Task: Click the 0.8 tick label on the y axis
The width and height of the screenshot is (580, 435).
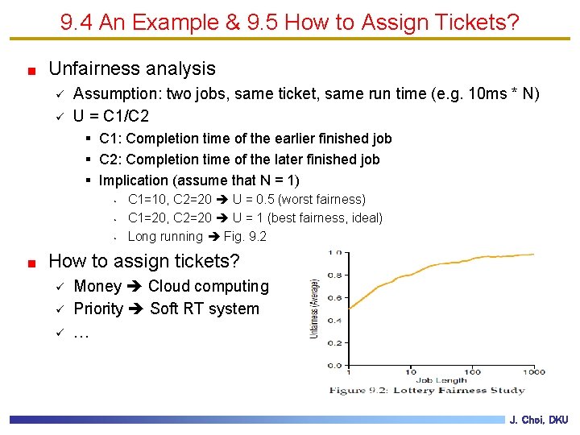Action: coord(333,275)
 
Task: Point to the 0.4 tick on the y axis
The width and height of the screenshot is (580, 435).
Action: coord(333,320)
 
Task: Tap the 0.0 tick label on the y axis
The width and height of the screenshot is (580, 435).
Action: coord(333,365)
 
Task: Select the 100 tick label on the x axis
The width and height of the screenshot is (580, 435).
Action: coord(472,372)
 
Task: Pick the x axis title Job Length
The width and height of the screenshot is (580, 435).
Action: coord(440,380)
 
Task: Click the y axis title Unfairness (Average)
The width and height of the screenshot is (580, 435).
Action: coord(314,309)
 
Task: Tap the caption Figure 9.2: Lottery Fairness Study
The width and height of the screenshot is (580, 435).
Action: coord(426,391)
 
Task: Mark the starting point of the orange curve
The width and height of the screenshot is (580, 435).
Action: coord(348,309)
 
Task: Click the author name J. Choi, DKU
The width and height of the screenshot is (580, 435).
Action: coord(539,420)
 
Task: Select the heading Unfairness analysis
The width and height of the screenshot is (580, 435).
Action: coord(132,69)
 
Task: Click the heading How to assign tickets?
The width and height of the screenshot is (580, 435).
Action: coord(144,261)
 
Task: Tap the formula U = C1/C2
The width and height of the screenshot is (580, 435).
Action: coord(110,116)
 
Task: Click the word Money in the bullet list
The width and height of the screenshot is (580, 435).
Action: coord(97,287)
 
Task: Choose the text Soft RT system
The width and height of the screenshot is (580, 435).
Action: coord(205,309)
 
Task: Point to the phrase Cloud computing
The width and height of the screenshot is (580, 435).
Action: coord(208,287)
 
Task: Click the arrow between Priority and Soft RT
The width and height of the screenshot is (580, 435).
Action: coord(137,309)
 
